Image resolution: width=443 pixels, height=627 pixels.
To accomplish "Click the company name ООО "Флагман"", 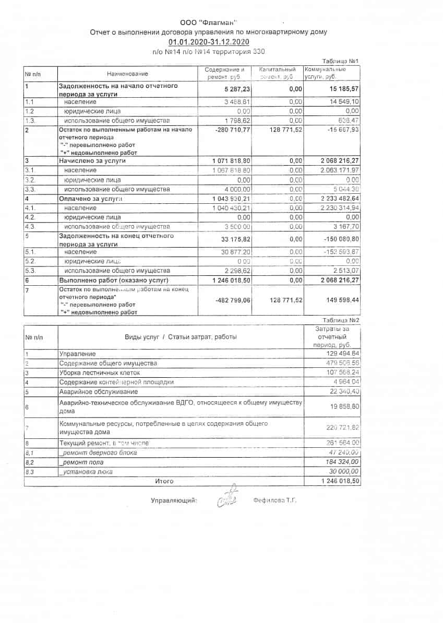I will tap(208, 22).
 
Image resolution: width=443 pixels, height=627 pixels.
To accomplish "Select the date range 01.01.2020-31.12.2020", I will tap(209, 42).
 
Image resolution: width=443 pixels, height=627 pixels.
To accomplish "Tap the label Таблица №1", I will tap(341, 61).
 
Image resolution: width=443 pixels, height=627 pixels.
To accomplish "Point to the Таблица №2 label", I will tap(341, 320).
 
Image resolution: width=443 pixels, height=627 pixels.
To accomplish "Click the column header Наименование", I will tap(127, 74).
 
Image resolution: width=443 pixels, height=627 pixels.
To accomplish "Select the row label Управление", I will tap(78, 354).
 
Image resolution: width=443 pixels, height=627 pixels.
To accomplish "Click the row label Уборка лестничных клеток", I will tap(100, 373).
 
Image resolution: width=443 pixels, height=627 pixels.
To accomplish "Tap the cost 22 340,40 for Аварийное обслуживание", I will tap(342, 392).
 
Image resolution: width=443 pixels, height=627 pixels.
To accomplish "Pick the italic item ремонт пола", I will tap(82, 462).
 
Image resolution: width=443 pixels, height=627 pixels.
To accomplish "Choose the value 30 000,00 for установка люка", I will tap(341, 472).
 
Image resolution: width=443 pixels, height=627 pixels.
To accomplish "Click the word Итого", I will tap(164, 481).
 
